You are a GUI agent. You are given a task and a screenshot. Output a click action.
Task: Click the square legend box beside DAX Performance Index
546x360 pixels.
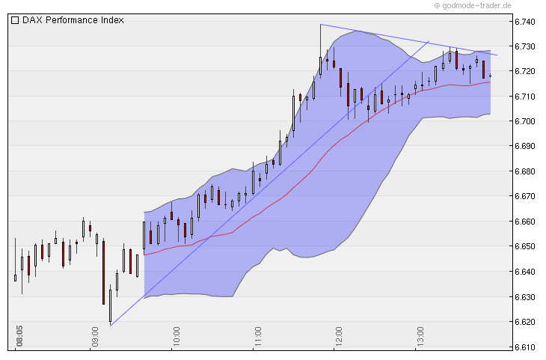click(15, 20)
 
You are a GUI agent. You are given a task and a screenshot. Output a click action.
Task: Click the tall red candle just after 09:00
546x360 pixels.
click(103, 272)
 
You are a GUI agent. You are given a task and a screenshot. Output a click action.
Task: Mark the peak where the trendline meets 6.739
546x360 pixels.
click(321, 25)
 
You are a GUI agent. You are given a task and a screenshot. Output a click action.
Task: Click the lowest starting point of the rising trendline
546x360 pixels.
click(110, 326)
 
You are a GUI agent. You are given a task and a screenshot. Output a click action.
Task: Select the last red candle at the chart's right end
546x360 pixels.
click(484, 70)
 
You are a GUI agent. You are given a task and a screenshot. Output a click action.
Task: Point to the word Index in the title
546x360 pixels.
click(111, 20)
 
